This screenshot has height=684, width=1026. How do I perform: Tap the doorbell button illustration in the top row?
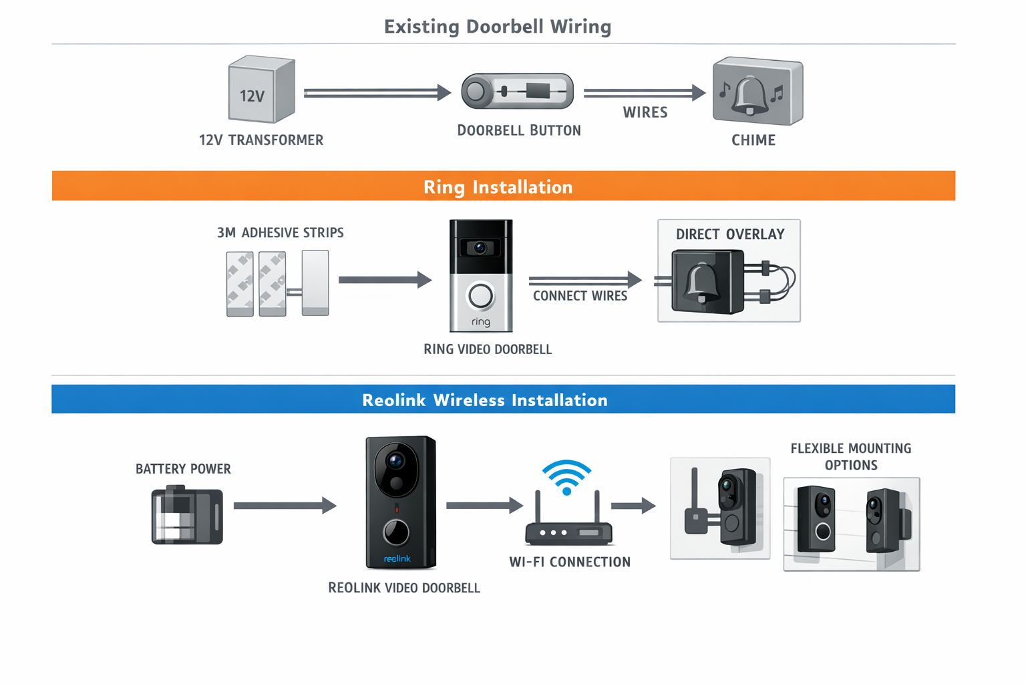pos(517,92)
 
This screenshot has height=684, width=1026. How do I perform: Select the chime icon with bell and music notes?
pos(757,92)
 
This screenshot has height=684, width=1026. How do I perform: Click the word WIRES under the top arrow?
pos(645,113)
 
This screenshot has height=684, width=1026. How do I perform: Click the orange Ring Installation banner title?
pos(498,187)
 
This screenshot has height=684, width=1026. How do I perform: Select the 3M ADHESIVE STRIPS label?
pos(280,233)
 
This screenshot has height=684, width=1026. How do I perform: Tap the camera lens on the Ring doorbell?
pos(480,248)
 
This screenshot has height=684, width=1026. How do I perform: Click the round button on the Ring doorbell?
pos(480,296)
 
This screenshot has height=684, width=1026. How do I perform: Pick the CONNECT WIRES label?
pos(580,296)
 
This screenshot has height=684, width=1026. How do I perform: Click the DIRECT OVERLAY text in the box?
pos(729,234)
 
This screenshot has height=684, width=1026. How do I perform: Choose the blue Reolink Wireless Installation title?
pos(484,400)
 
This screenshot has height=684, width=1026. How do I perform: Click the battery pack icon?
pos(187,515)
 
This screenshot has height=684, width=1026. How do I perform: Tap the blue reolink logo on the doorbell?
pos(397,558)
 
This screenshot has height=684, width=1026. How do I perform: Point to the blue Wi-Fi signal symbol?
pos(566,476)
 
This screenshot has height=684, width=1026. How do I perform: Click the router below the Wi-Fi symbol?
pos(568,531)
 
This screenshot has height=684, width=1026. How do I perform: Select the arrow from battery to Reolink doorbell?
pos(285,506)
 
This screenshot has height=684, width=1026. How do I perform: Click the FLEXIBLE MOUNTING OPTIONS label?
pos(850,457)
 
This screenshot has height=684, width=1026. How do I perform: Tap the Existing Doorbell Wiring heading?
pos(498,27)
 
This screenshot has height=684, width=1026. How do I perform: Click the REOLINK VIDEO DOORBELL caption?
pos(404,588)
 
